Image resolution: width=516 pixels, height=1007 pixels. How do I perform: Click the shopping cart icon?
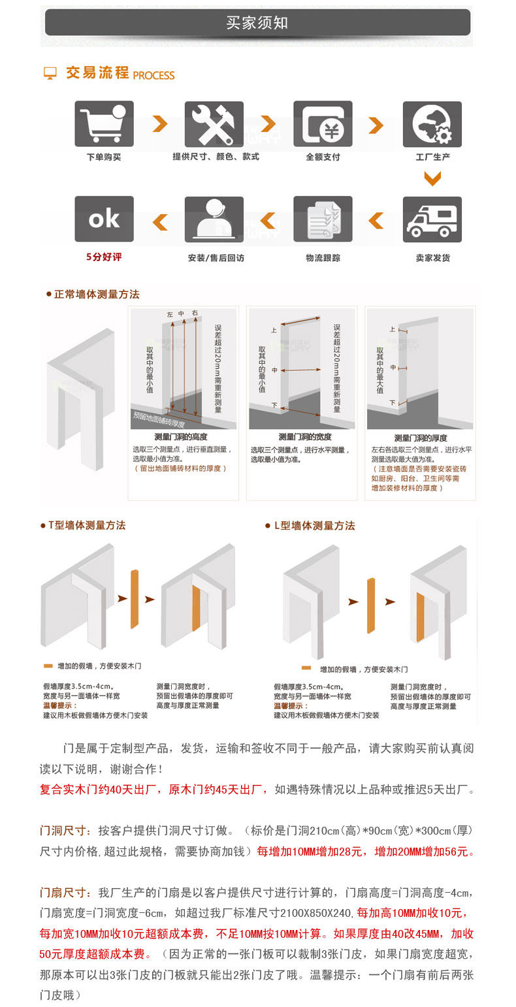[104, 123]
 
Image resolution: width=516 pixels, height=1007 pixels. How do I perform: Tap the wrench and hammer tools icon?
[214, 123]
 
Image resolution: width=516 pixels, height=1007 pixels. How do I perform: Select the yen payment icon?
[323, 123]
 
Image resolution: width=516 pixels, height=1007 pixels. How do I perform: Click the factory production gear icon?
[432, 123]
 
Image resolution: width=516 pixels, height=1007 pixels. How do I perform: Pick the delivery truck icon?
[432, 219]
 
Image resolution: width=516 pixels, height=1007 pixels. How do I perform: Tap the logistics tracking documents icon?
[323, 219]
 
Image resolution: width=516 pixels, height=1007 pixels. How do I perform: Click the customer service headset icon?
[214, 219]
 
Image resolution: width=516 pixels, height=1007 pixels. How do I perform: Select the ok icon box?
[104, 219]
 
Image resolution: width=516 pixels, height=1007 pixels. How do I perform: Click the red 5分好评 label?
[104, 257]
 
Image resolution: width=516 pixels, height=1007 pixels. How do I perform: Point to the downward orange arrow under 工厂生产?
[432, 178]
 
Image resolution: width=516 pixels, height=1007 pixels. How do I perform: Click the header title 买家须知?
[257, 24]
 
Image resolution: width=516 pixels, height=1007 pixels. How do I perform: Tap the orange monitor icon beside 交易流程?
[50, 73]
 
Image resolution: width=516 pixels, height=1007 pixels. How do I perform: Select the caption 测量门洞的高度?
[181, 437]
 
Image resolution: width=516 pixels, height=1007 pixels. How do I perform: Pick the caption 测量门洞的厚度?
[421, 438]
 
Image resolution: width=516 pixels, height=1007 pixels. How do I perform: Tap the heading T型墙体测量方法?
[87, 526]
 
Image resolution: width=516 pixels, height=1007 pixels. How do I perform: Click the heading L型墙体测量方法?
[314, 526]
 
